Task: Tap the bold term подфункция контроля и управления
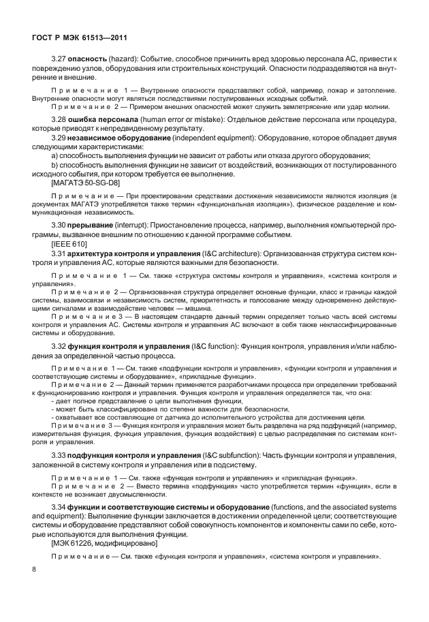tap(142, 454)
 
